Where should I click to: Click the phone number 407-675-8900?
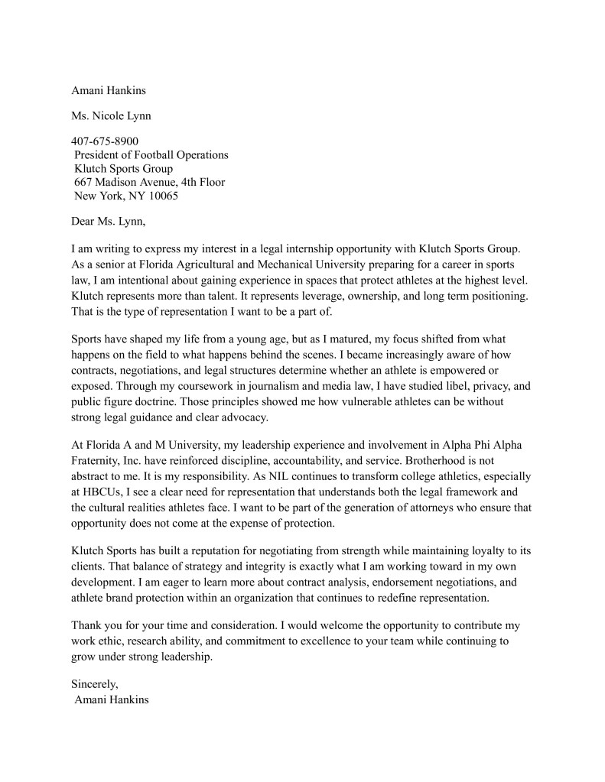tap(105, 141)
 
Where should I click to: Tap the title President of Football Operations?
tap(151, 154)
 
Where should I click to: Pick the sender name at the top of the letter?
tap(108, 90)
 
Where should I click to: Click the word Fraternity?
tap(98, 462)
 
